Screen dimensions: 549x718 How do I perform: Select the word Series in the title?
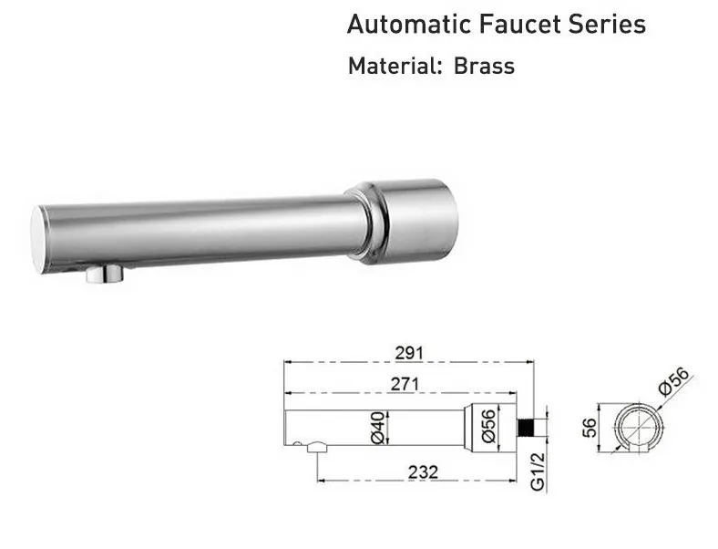tap(609, 25)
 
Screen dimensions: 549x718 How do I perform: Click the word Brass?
tap(484, 67)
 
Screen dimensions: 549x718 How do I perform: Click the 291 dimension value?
tap(404, 352)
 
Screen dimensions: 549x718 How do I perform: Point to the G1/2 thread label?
tap(537, 471)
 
